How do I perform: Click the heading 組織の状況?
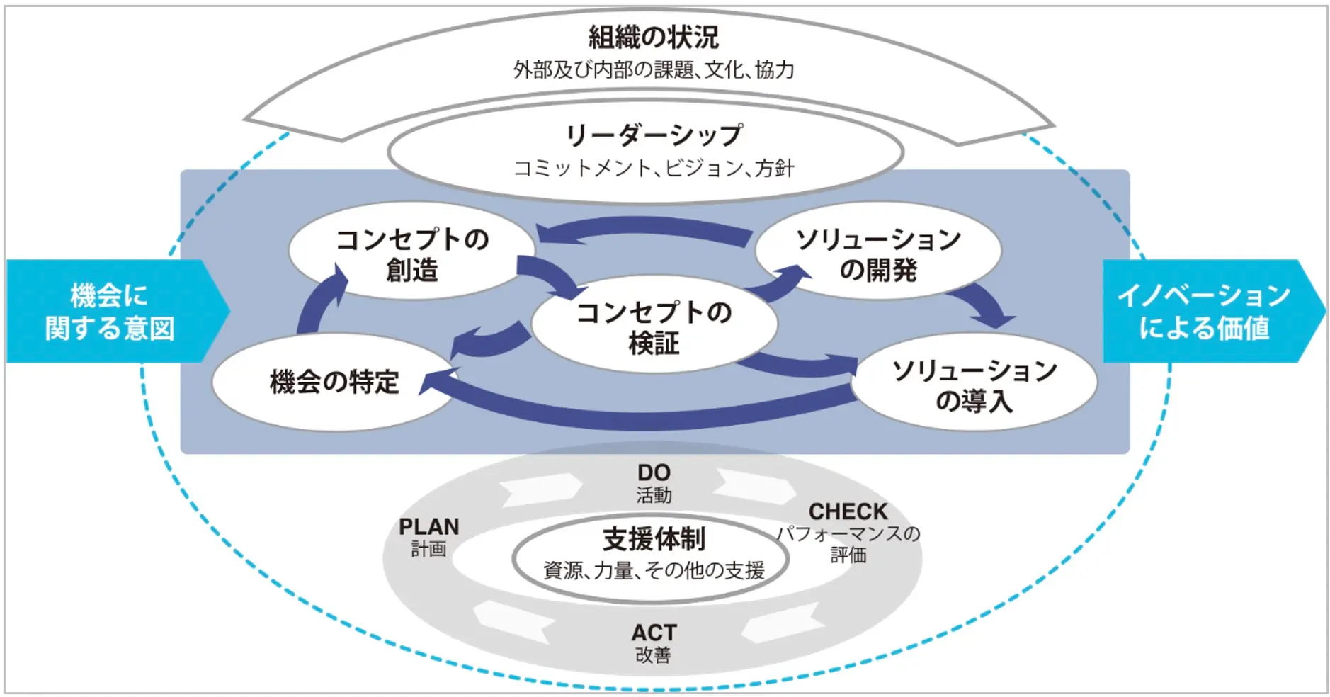[653, 37]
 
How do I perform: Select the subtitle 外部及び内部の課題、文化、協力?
[653, 69]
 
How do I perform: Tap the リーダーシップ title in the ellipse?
[653, 135]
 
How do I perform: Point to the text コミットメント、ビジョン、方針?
[653, 168]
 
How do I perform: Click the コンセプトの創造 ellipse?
[411, 254]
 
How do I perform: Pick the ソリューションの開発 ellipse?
[878, 254]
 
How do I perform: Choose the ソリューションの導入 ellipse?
[974, 385]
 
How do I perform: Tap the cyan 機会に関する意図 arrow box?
[110, 312]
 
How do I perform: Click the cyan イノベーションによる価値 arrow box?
[1204, 312]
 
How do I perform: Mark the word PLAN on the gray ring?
[428, 527]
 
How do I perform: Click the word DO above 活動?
[653, 472]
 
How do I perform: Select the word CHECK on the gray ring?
[848, 511]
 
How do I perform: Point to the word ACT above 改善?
[653, 633]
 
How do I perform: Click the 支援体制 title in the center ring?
[653, 540]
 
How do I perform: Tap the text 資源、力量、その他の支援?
[653, 570]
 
